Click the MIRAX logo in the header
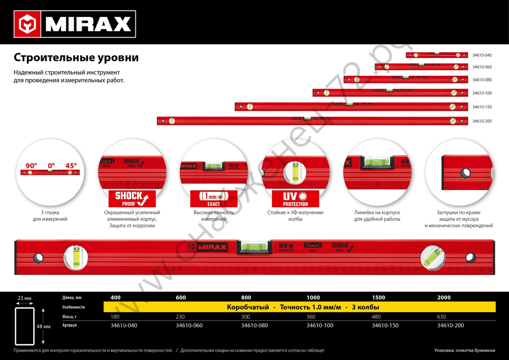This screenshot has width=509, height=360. click(x=76, y=23)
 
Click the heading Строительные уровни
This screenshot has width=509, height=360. click(x=76, y=57)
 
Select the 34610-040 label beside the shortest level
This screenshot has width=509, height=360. click(x=482, y=55)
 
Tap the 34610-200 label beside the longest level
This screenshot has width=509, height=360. click(x=482, y=121)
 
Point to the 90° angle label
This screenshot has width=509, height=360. click(x=32, y=165)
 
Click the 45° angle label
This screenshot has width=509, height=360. click(x=71, y=165)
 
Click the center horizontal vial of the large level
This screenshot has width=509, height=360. click(x=254, y=247)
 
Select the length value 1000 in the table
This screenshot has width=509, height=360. click(x=314, y=297)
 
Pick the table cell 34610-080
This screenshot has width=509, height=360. click(x=253, y=325)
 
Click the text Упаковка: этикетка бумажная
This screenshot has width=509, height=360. click(x=465, y=350)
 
